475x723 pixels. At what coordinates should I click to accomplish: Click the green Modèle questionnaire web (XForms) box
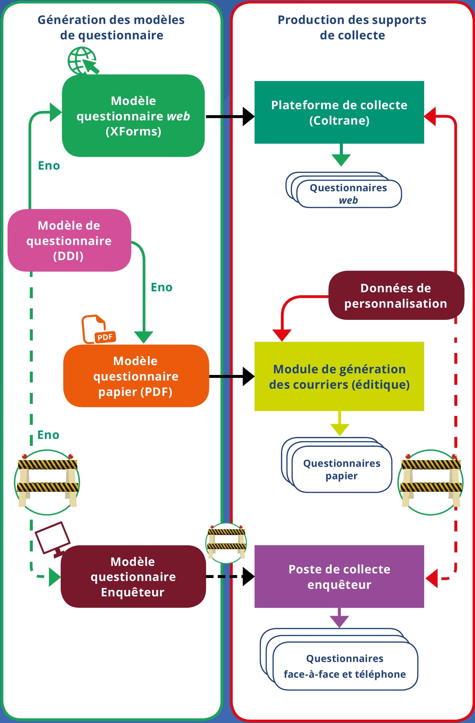pos(133,116)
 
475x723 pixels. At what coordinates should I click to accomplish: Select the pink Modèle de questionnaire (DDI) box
pos(69,240)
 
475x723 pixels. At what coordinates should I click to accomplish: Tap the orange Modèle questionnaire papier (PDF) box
pos(136,376)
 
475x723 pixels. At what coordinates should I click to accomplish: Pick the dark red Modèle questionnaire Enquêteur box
pos(133,577)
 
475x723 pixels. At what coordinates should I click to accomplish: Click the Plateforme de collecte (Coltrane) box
pos(339,113)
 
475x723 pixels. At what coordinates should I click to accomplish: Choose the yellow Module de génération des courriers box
pos(339,377)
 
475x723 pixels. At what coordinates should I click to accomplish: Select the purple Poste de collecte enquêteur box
pos(339,577)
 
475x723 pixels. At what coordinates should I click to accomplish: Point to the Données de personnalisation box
pos(396,296)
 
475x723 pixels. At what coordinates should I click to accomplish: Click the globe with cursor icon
pos(83,61)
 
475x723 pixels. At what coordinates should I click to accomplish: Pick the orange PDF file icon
pos(98,329)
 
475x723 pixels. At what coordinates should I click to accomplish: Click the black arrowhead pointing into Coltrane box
pos(248,116)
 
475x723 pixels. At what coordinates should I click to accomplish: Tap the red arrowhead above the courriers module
pos(282,335)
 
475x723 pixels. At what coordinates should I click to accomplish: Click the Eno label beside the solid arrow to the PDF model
pos(161,287)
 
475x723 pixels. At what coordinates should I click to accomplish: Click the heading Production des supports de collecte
pos(352,28)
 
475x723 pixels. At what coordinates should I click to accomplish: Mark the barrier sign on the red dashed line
pos(430,482)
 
